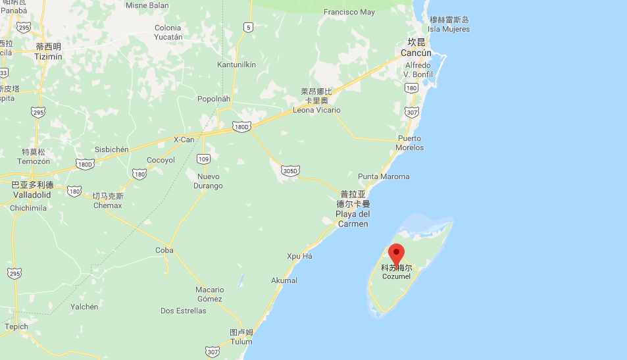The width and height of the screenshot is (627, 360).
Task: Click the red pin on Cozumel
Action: pyautogui.click(x=396, y=253)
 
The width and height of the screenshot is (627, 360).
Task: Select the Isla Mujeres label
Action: pyautogui.click(x=449, y=25)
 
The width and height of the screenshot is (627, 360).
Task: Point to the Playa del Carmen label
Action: pyautogui.click(x=353, y=209)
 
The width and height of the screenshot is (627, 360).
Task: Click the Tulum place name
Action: pyautogui.click(x=241, y=337)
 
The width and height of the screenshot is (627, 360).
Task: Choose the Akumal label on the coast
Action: pyautogui.click(x=284, y=280)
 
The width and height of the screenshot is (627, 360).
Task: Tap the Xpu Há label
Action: pyautogui.click(x=299, y=256)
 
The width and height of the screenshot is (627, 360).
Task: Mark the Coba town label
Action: pyautogui.click(x=164, y=250)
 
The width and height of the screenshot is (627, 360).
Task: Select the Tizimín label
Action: pyautogui.click(x=48, y=52)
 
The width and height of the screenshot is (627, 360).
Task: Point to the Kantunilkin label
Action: pyautogui.click(x=236, y=64)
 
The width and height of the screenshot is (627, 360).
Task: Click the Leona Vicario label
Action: pyautogui.click(x=316, y=105)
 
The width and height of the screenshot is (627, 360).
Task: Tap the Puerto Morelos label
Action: pyautogui.click(x=410, y=143)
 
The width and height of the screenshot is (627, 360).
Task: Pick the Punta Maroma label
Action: pyautogui.click(x=384, y=176)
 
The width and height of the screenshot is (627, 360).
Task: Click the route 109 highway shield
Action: pyautogui.click(x=203, y=159)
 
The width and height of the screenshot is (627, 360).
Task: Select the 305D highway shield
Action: pyautogui.click(x=290, y=170)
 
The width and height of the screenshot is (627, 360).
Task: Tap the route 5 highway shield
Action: pyautogui.click(x=247, y=27)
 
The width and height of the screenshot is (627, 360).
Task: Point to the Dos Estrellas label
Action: pyautogui.click(x=184, y=311)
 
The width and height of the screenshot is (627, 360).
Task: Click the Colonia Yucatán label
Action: pyautogui.click(x=168, y=32)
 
